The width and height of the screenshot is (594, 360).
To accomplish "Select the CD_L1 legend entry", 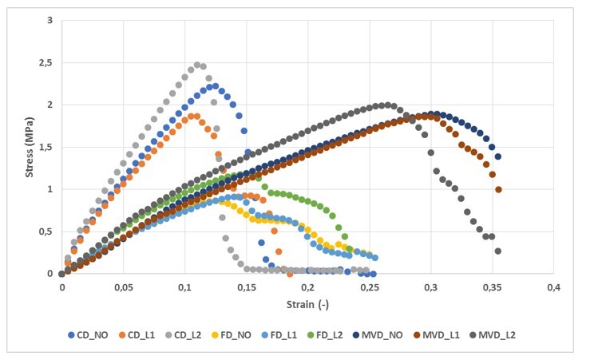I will coord(146,335).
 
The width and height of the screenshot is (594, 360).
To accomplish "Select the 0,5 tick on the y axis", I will coord(45,231).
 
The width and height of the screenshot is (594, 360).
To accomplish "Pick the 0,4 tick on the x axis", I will coord(553,286).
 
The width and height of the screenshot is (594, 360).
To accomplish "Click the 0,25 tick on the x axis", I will coord(369,286).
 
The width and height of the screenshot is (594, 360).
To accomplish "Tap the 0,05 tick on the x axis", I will coord(123,286).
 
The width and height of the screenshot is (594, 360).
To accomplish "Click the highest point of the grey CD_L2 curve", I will coord(197,65).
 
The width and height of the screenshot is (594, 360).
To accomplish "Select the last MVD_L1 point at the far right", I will coord(498,189).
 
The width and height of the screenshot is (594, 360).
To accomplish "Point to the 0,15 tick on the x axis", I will coord(246,286).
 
